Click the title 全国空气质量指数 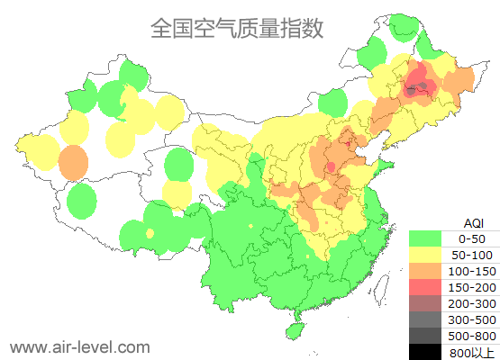[x=237, y=28]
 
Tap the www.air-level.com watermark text [x=79, y=346]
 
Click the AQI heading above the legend [x=473, y=222]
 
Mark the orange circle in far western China [x=73, y=164]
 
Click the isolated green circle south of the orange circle [x=82, y=201]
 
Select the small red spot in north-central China [x=331, y=166]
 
